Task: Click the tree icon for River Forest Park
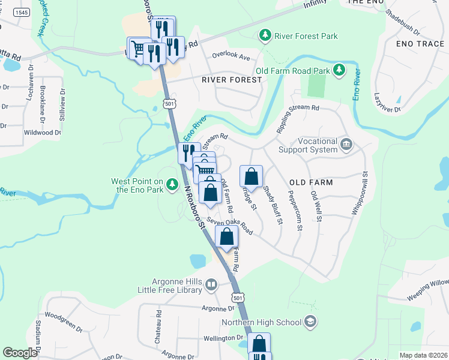(265, 36)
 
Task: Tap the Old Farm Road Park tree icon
(339, 71)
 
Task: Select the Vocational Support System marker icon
(346, 144)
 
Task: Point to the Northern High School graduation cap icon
(310, 322)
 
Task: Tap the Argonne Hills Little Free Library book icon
(211, 284)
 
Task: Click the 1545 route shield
(22, 13)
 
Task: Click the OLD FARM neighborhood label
(311, 181)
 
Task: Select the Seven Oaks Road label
(230, 226)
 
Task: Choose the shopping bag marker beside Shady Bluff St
(252, 177)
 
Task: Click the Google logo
(20, 353)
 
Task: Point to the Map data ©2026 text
(423, 355)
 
